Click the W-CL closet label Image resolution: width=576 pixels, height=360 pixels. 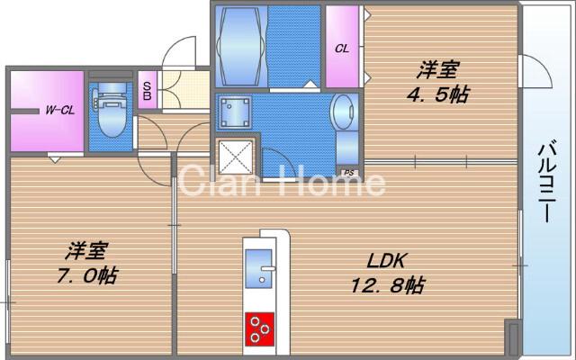point(60,111)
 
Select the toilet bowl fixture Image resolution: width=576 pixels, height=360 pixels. point(111,112)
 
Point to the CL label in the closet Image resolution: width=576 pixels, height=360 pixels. point(343,48)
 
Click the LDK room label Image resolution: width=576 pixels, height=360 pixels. point(388,261)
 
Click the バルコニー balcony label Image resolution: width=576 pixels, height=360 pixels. point(546,180)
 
